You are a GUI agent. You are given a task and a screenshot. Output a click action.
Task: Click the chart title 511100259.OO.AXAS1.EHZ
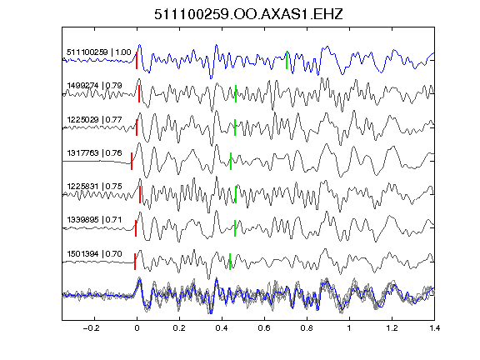pyautogui.click(x=248, y=14)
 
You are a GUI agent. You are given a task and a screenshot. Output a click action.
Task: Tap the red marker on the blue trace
pyautogui.click(x=137, y=60)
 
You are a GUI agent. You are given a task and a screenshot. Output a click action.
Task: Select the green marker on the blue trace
pyautogui.click(x=287, y=60)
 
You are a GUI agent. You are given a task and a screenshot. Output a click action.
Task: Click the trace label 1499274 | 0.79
pyautogui.click(x=94, y=85)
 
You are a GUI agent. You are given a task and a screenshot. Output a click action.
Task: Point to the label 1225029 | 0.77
pyautogui.click(x=94, y=119)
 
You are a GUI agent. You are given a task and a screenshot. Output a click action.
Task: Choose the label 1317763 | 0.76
pyautogui.click(x=94, y=152)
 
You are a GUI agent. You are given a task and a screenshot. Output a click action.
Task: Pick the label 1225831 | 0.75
pyautogui.click(x=94, y=186)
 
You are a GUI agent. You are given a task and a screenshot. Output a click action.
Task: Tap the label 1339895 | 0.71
pyautogui.click(x=94, y=220)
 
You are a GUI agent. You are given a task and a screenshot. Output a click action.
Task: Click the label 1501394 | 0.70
pyautogui.click(x=94, y=254)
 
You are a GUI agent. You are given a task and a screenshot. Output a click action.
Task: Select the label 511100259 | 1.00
pyautogui.click(x=98, y=52)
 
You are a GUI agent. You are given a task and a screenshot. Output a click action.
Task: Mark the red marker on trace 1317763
pyautogui.click(x=132, y=161)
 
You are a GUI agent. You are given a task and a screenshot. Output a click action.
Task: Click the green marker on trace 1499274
pyautogui.click(x=236, y=93)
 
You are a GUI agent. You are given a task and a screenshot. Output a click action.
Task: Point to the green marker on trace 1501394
pyautogui.click(x=230, y=262)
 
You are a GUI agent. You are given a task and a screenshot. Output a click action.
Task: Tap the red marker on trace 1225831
pyautogui.click(x=140, y=194)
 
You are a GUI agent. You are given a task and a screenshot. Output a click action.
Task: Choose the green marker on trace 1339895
pyautogui.click(x=235, y=228)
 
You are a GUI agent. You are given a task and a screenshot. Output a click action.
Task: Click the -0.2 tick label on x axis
pyautogui.click(x=91, y=328)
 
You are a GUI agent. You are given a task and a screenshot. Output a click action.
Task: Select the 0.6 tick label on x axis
pyautogui.click(x=264, y=328)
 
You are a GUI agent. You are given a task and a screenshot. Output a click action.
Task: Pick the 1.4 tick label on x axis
pyautogui.click(x=434, y=328)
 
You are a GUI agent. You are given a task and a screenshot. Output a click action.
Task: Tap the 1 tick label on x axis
pyautogui.click(x=349, y=328)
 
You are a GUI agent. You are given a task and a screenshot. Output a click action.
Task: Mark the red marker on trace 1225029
pyautogui.click(x=137, y=127)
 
